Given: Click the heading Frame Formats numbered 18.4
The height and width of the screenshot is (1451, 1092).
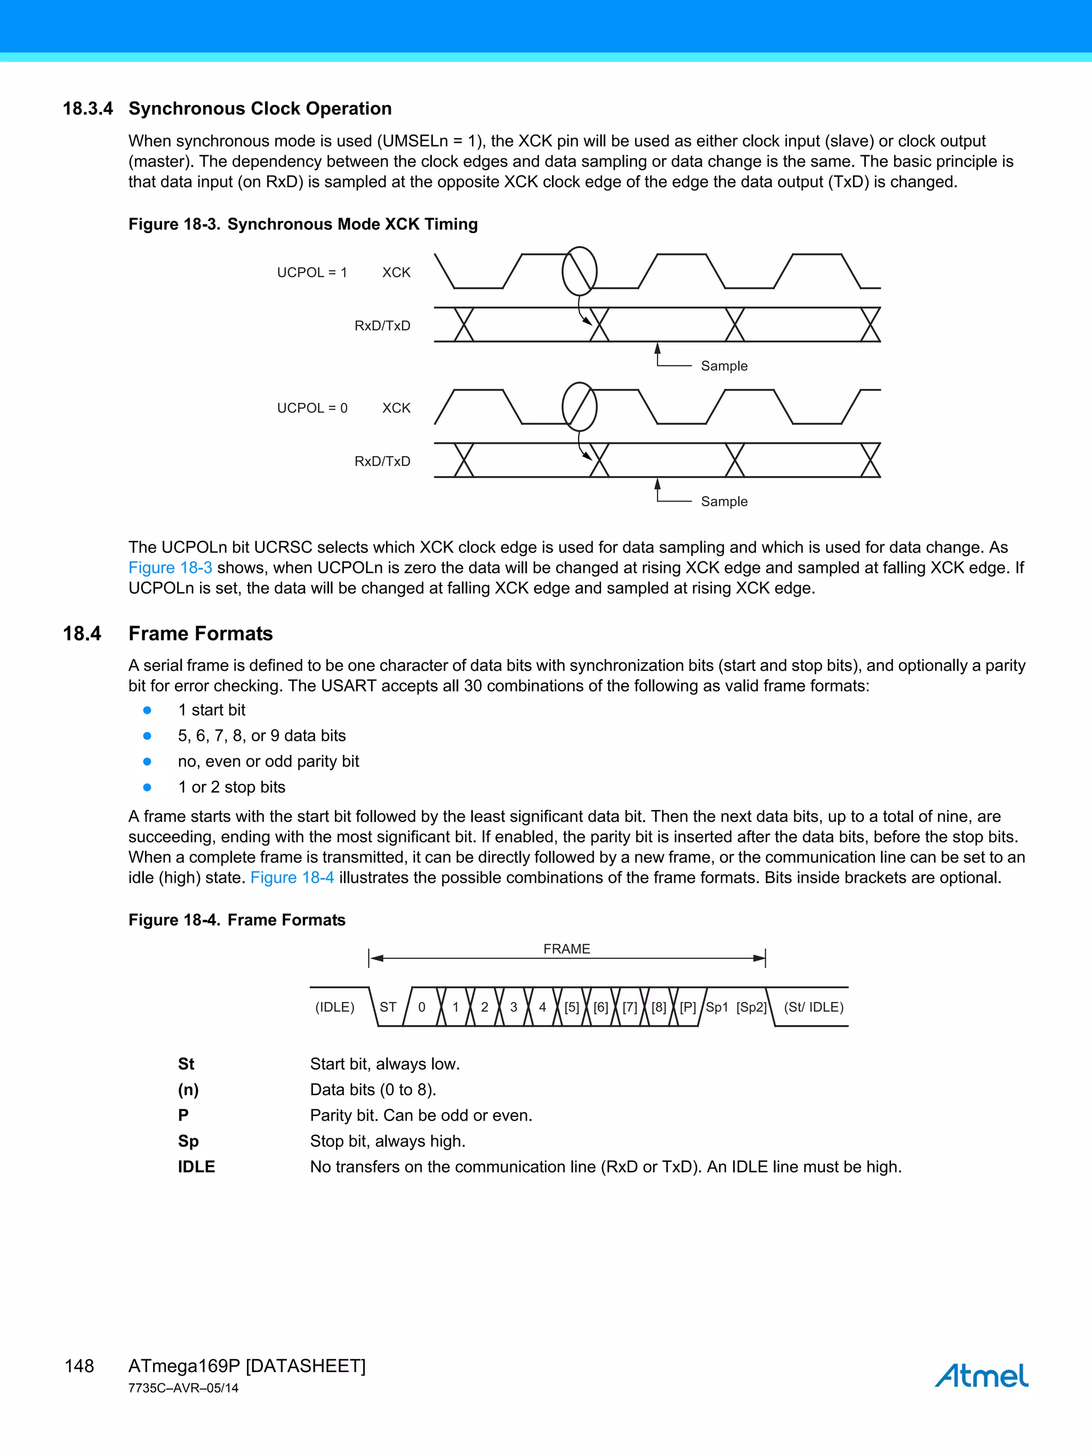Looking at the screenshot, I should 200,633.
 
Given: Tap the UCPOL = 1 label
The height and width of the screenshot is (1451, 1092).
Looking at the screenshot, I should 312,272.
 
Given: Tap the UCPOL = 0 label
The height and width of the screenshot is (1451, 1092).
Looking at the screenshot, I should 312,408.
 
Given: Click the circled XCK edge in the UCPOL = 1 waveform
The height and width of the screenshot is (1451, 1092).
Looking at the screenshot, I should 580,271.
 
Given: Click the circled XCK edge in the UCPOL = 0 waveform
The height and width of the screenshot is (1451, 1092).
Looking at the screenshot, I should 580,407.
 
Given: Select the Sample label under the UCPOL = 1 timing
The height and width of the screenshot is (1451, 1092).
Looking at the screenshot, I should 724,366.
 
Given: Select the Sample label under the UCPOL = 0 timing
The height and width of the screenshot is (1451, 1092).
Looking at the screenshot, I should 724,502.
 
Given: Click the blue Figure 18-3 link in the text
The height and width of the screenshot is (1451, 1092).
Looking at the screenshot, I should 170,567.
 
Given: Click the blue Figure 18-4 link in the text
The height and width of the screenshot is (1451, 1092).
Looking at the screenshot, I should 292,878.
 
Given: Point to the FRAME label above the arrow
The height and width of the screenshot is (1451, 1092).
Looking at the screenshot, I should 566,948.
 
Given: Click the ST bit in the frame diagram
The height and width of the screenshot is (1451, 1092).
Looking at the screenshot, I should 388,1007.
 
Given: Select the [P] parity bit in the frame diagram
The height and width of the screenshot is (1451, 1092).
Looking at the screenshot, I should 688,1007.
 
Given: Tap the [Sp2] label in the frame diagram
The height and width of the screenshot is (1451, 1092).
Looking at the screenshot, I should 751,1007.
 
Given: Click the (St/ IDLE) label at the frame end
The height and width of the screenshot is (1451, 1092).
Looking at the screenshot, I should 814,1007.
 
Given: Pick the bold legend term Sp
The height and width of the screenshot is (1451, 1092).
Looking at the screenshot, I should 188,1141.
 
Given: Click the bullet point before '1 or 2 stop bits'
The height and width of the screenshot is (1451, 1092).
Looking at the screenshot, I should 148,787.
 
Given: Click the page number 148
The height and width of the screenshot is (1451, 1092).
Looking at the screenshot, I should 79,1366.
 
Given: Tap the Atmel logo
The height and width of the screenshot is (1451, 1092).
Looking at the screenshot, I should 981,1375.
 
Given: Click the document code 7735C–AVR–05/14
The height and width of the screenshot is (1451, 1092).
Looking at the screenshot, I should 183,1388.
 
